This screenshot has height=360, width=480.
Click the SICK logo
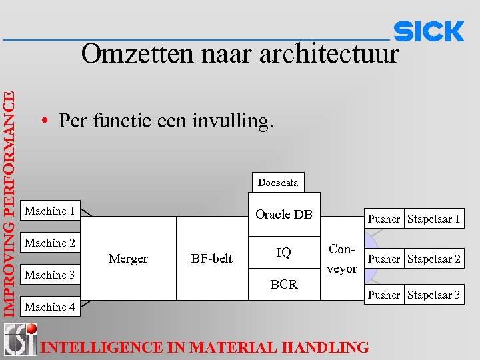coord(429,31)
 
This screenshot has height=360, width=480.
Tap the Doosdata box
coord(278,182)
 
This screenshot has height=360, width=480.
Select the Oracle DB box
coord(284,214)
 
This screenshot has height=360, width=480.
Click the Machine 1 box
coord(50,211)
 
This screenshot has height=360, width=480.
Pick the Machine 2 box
coord(50,243)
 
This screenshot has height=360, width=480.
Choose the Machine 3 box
coord(50,275)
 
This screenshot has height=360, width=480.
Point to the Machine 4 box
coord(50,307)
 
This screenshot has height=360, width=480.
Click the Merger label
coord(128,258)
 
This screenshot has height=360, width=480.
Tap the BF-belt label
coord(211,258)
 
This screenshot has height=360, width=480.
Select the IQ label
coord(284,253)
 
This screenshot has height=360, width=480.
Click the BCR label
coord(284,285)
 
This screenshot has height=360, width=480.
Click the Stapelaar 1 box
coord(433,219)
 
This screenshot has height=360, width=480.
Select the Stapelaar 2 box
coord(433,259)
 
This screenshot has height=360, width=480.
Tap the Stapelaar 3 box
coord(433,295)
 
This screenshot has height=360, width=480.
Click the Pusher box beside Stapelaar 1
coord(384,219)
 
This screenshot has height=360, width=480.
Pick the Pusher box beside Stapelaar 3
coord(384,295)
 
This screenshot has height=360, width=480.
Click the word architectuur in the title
coord(333,54)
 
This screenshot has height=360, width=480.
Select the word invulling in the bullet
coord(231,121)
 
